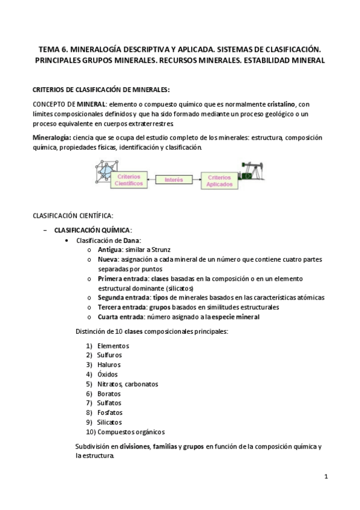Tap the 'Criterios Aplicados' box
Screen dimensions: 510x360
pyautogui.click(x=218, y=180)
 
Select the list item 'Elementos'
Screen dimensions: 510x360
pyautogui.click(x=113, y=346)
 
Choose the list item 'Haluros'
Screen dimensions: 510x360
pyautogui.click(x=109, y=365)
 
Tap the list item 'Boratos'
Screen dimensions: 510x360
pyautogui.click(x=109, y=393)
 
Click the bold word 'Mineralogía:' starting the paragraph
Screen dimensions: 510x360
pyautogui.click(x=51, y=138)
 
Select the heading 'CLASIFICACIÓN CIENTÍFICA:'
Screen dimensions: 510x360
pyautogui.click(x=72, y=215)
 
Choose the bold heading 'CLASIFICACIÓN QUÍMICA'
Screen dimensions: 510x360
pyautogui.click(x=92, y=230)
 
